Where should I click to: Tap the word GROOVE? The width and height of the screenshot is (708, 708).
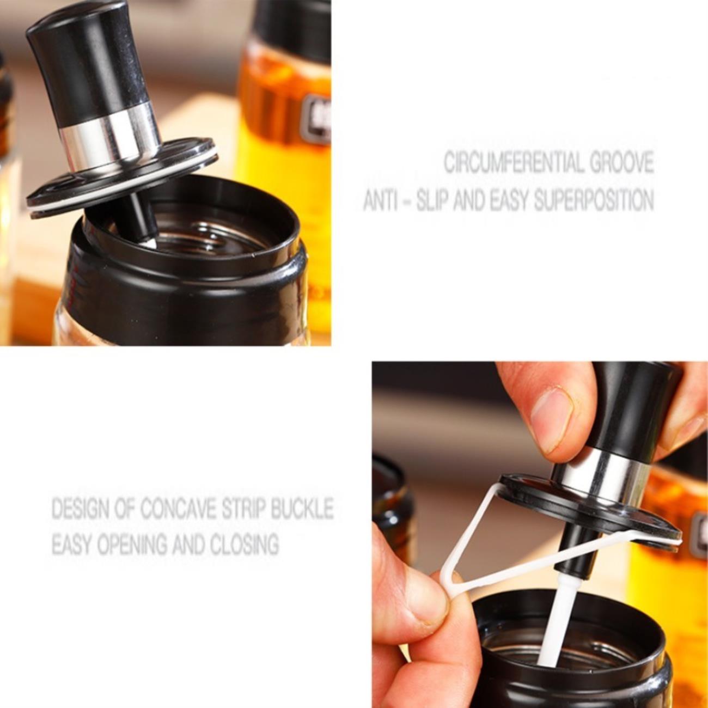pos(621,163)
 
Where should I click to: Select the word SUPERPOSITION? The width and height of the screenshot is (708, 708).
pos(594,200)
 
